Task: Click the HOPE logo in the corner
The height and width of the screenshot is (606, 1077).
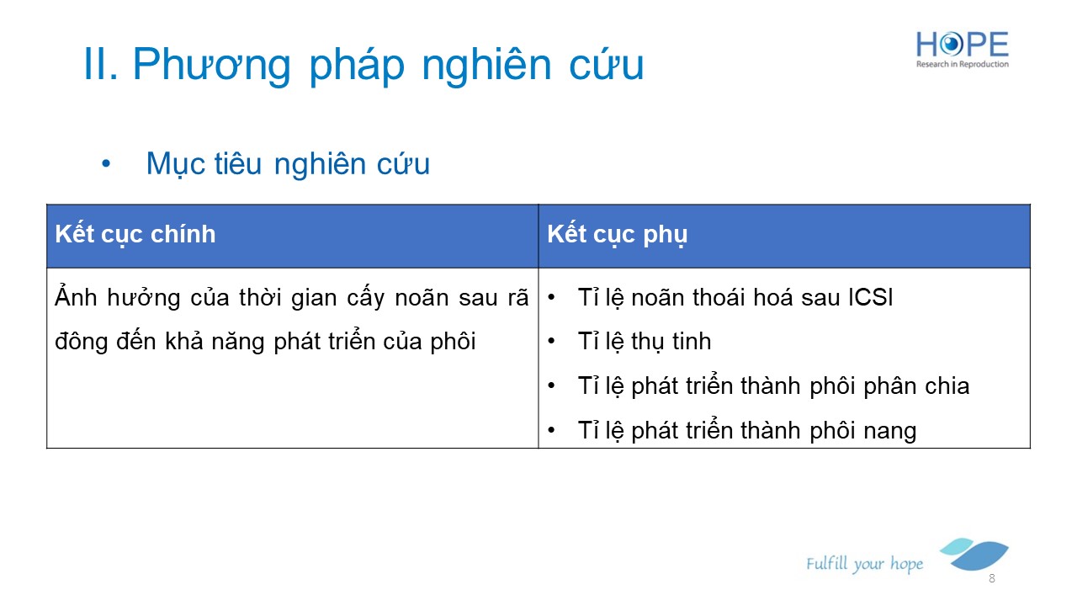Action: [962, 49]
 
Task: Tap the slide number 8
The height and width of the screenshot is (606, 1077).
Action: [991, 578]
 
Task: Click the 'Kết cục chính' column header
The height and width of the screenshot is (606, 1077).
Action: [135, 235]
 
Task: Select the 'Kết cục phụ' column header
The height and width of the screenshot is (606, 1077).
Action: [618, 235]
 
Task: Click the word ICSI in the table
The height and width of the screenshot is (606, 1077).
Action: [870, 297]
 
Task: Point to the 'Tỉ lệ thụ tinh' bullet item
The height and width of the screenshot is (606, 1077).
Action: [645, 342]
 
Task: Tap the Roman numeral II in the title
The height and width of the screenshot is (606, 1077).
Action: [100, 63]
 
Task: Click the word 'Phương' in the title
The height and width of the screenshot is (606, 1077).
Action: [212, 65]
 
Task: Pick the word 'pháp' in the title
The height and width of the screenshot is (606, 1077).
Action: [357, 66]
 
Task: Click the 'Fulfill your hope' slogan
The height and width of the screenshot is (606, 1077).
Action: [864, 564]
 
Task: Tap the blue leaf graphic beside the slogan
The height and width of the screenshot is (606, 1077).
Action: [974, 554]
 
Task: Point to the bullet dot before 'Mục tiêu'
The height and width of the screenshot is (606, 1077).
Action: [106, 164]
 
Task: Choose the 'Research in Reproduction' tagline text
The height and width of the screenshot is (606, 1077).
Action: [962, 64]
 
